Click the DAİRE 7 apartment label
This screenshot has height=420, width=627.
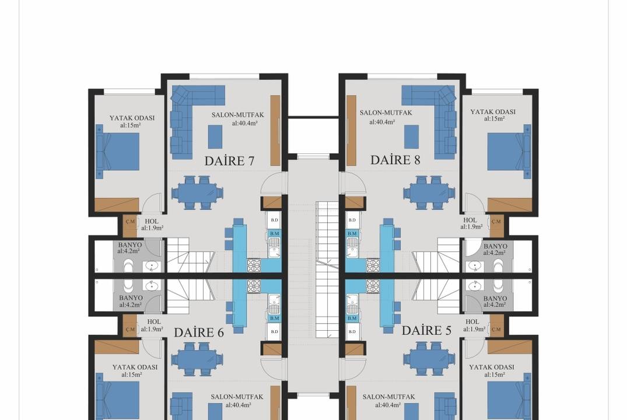(x=229, y=161)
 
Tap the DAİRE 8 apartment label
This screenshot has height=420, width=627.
(x=395, y=160)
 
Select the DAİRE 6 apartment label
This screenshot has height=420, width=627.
(x=199, y=332)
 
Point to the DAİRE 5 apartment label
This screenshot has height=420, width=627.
(x=426, y=330)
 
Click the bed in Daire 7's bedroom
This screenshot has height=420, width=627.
(x=118, y=151)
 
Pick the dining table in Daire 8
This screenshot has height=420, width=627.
(x=429, y=192)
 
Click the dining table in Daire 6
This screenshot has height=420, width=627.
(x=198, y=359)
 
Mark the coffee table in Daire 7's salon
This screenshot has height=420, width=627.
(x=215, y=137)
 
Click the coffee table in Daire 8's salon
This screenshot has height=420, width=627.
(x=411, y=137)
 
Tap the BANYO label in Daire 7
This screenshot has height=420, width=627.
(x=129, y=245)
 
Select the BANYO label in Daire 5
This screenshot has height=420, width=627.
(x=495, y=299)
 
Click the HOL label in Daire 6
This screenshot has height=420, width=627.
(x=154, y=321)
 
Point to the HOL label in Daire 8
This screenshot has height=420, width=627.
(x=470, y=220)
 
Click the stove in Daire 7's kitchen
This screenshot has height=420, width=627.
(x=254, y=264)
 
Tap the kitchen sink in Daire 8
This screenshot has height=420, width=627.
(x=352, y=247)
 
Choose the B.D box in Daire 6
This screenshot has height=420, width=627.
(x=274, y=331)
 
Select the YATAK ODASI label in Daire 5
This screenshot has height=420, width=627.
(x=492, y=367)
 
